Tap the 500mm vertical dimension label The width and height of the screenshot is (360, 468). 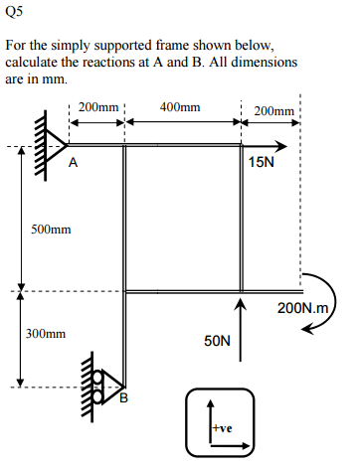click(50, 230)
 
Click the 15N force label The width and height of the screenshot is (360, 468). click(263, 162)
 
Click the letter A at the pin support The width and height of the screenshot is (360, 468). click(74, 166)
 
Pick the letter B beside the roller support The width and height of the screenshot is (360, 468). click(124, 400)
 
